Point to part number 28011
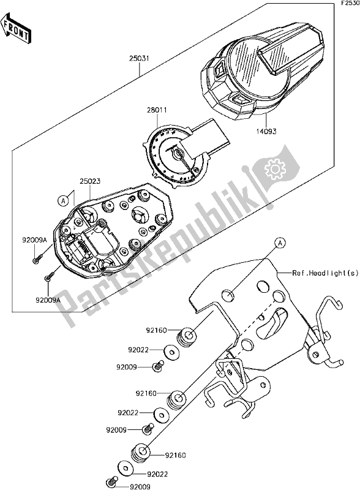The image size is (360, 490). pos(157,110)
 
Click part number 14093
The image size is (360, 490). pos(266,132)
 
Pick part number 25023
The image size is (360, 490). pos(91,181)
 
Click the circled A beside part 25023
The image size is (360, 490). pos(63,201)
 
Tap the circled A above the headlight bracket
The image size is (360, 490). pos(280,242)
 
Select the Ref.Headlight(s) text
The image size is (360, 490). pos(325,273)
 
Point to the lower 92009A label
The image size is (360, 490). pos(48,300)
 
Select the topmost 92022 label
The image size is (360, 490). pos(138,350)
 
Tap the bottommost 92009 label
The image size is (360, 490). pos(140,486)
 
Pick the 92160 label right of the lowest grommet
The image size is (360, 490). pos(176,455)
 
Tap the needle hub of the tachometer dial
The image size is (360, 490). pos(179,154)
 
